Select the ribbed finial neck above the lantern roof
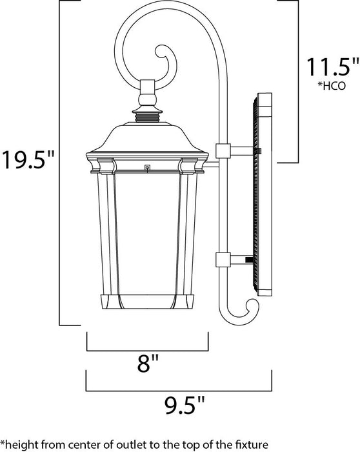[x=148, y=117]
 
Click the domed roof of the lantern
[x=148, y=139]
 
